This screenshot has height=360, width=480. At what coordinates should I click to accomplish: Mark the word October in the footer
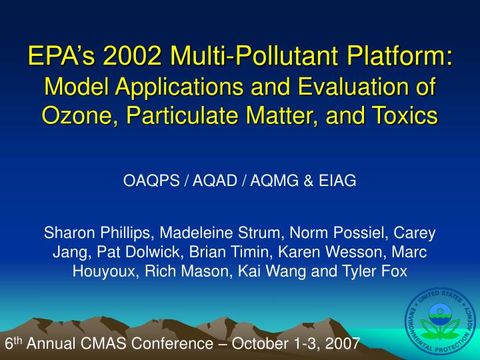[251, 344]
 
